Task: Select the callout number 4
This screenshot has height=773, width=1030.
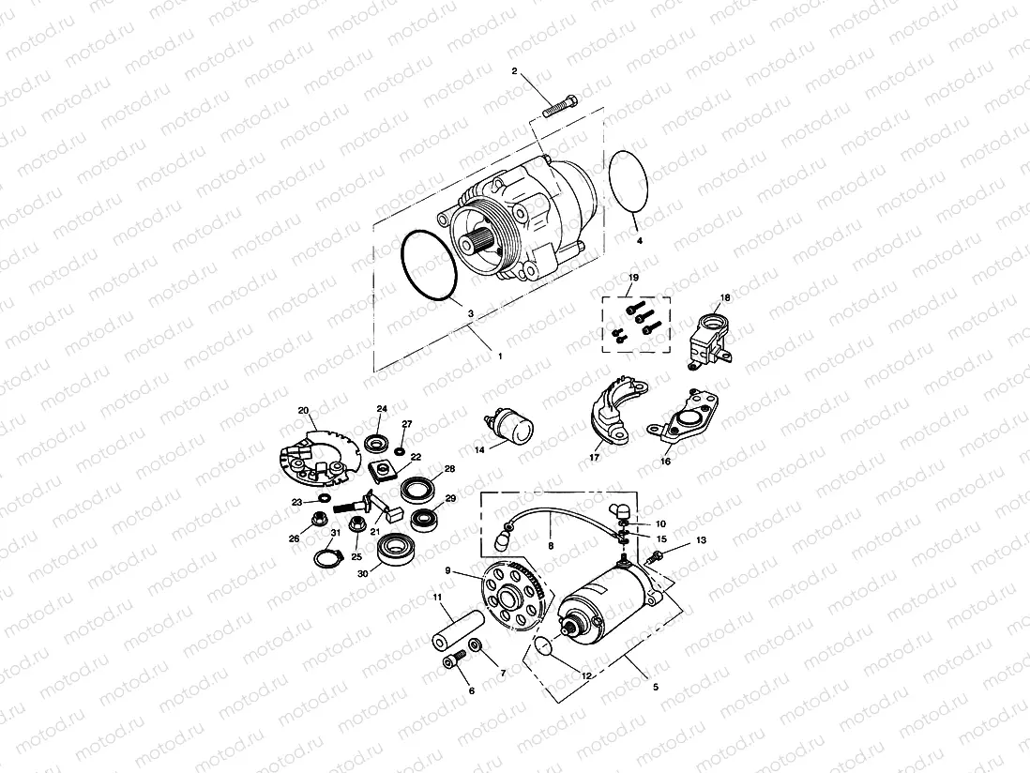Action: coord(640,241)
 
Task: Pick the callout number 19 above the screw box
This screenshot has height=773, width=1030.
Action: coord(633,279)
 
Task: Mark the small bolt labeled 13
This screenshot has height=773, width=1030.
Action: coord(657,557)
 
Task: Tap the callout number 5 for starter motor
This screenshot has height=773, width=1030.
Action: coord(655,687)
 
